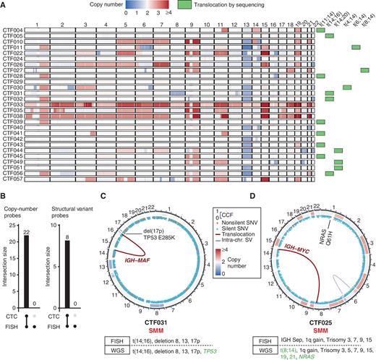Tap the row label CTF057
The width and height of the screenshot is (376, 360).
[x=14, y=178]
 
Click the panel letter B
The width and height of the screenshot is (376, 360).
[x=6, y=192]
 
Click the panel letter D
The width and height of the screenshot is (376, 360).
[x=250, y=192]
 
